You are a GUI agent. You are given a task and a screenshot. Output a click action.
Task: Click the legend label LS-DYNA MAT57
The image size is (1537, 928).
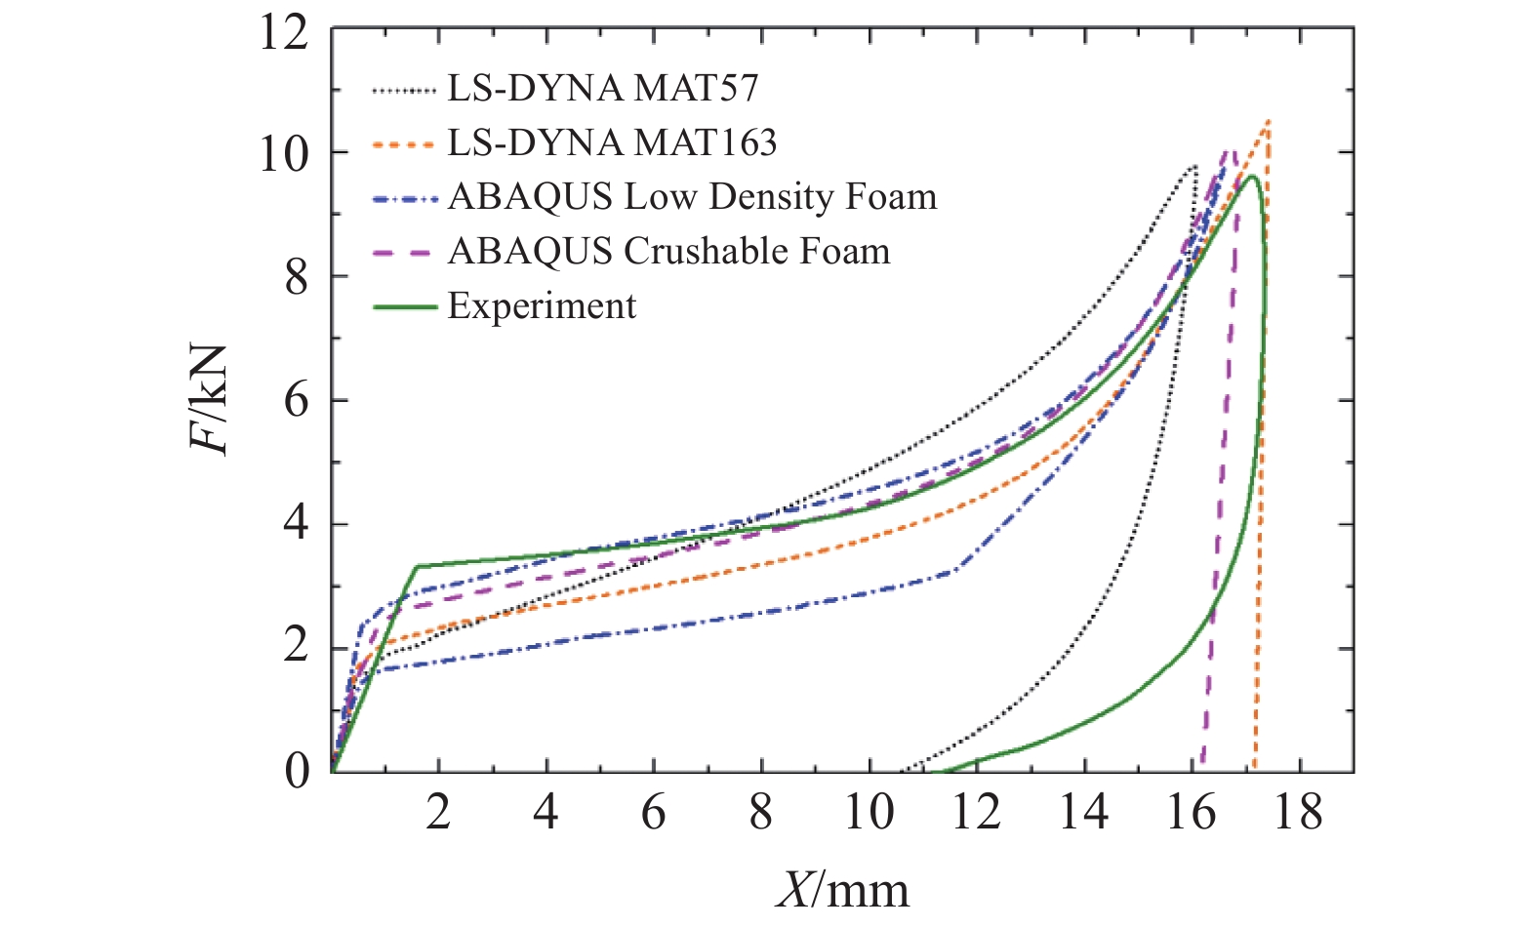(602, 89)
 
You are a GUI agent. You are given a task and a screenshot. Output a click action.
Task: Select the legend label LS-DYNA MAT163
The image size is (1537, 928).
(612, 143)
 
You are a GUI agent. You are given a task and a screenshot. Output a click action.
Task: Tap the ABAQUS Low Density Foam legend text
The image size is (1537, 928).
(692, 197)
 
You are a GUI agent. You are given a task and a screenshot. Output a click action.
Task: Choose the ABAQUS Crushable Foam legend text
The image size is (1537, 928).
(668, 252)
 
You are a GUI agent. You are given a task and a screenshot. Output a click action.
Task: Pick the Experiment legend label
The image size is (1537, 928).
(542, 306)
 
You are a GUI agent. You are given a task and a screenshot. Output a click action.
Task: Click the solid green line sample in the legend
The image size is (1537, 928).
(404, 307)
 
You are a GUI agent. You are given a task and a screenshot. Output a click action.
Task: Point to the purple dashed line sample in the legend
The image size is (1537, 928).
(404, 253)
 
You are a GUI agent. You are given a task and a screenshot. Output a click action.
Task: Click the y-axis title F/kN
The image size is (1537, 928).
(209, 400)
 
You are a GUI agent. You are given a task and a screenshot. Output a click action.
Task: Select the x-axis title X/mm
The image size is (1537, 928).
(842, 889)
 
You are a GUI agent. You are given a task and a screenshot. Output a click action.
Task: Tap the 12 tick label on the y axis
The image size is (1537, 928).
(284, 33)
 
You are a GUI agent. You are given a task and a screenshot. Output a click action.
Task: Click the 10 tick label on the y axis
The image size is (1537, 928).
(284, 154)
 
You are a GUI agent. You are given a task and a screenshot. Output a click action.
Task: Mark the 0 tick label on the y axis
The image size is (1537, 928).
(297, 771)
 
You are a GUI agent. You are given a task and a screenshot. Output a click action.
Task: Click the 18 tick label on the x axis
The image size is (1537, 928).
(1298, 812)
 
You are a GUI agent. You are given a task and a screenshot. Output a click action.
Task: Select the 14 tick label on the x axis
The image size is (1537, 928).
(1083, 812)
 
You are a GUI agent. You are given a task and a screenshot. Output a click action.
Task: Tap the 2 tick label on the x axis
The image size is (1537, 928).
(438, 812)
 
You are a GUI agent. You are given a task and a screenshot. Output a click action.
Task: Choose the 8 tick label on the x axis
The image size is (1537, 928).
(761, 812)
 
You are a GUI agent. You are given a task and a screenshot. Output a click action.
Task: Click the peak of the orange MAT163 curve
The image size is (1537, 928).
(1268, 121)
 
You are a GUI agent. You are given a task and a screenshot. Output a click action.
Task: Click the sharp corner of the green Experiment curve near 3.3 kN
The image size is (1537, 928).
(418, 566)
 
